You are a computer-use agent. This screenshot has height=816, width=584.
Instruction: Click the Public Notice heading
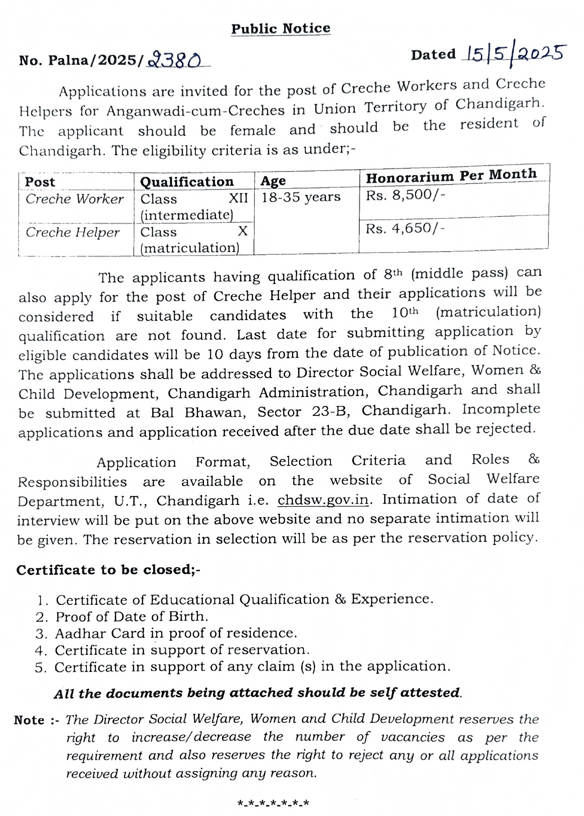[281, 29]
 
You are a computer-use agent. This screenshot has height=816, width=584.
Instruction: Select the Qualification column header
[187, 182]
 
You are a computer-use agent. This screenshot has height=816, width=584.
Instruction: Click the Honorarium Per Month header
[451, 176]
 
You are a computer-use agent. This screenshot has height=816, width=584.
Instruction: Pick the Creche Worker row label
[74, 199]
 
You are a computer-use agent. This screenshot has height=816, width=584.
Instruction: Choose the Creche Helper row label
[72, 232]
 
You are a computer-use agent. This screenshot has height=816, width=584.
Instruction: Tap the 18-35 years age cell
[301, 197]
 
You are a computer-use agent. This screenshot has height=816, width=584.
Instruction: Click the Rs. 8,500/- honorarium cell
[405, 195]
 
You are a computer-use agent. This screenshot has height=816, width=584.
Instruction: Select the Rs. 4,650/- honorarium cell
[405, 229]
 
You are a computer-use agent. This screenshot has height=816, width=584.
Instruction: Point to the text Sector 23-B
[305, 412]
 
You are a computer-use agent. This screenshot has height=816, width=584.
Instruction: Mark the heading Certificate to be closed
[108, 570]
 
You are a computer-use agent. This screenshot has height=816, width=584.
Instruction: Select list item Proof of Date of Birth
[131, 617]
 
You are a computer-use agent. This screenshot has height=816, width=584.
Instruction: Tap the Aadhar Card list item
[176, 633]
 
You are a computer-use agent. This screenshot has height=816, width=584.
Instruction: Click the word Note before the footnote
[29, 720]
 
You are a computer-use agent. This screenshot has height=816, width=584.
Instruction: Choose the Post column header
[40, 182]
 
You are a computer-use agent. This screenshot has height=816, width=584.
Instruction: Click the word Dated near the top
[433, 55]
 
